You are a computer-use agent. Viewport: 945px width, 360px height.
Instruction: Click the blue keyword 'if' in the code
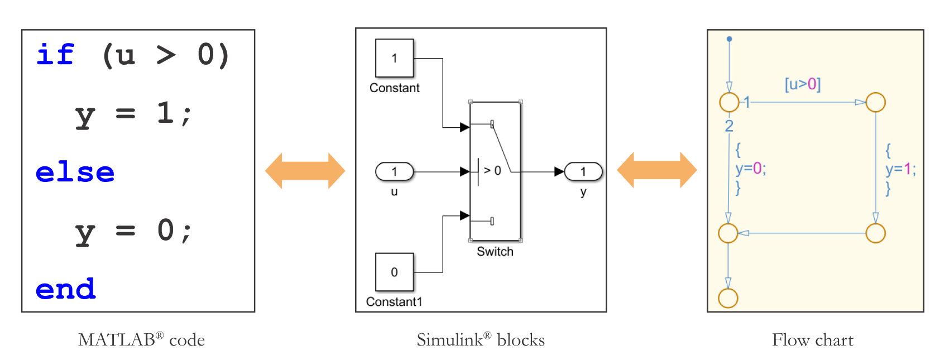coord(55,55)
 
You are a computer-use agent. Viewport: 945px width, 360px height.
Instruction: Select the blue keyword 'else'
coord(75,172)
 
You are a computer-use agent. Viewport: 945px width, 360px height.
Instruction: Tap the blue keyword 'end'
coord(65,289)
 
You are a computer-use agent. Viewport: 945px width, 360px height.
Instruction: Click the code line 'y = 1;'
coord(133,114)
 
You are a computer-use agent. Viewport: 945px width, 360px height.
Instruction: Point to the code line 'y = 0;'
coord(133,231)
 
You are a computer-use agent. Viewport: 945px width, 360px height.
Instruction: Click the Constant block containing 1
coord(394,58)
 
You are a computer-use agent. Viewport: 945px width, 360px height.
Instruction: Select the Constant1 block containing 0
coord(394,272)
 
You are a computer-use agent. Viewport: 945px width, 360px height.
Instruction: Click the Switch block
coord(495,171)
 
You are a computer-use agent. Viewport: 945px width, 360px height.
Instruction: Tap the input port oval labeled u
coord(394,171)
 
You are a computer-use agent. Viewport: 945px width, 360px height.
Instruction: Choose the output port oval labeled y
coord(583,171)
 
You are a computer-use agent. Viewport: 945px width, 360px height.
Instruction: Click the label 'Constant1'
coord(394,302)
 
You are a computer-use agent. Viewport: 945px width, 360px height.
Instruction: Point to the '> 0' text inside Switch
coord(492,171)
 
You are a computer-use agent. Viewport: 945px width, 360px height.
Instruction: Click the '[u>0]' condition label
coord(802,84)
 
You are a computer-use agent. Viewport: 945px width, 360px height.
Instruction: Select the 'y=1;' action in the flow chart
coord(900,169)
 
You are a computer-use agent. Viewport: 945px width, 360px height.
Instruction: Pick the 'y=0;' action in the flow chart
coord(750,169)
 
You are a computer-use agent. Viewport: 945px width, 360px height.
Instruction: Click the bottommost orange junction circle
coord(728,298)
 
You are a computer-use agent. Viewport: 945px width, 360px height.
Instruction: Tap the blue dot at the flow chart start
coord(729,39)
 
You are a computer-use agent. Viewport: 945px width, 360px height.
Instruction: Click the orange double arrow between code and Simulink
coord(305,171)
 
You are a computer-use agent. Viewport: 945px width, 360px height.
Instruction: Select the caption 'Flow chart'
coord(812,340)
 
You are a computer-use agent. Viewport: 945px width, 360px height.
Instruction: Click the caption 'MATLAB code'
coord(141,340)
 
